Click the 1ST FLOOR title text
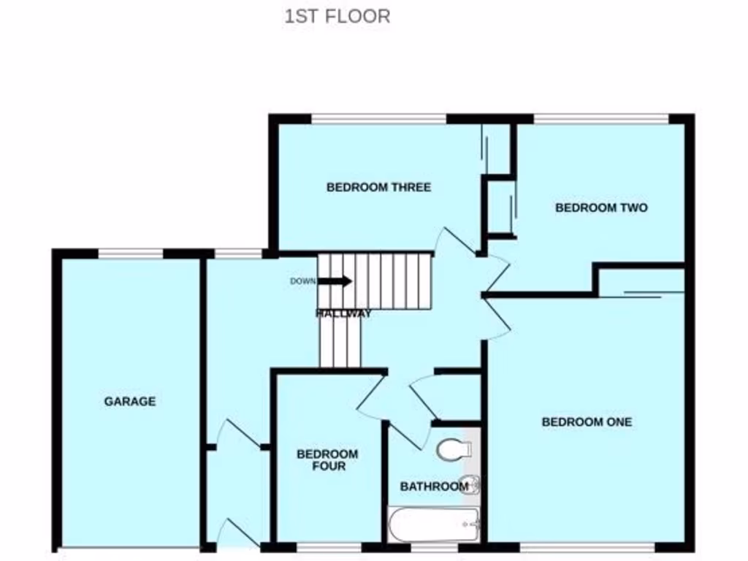pyautogui.click(x=337, y=16)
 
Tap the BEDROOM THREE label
pyautogui.click(x=378, y=187)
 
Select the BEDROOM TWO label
pyautogui.click(x=601, y=207)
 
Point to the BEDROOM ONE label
pyautogui.click(x=587, y=421)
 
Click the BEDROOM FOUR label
pyautogui.click(x=327, y=459)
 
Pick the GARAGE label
pyautogui.click(x=129, y=401)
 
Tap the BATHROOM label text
pyautogui.click(x=434, y=486)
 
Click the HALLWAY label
pyautogui.click(x=343, y=313)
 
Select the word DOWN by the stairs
pyautogui.click(x=303, y=281)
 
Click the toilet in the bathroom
pyautogui.click(x=454, y=449)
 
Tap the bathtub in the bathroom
pyautogui.click(x=432, y=524)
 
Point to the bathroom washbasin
pyautogui.click(x=472, y=483)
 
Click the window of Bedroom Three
pyautogui.click(x=378, y=118)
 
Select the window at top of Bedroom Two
pyautogui.click(x=600, y=118)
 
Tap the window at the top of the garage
pyautogui.click(x=130, y=253)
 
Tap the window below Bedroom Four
pyautogui.click(x=329, y=546)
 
